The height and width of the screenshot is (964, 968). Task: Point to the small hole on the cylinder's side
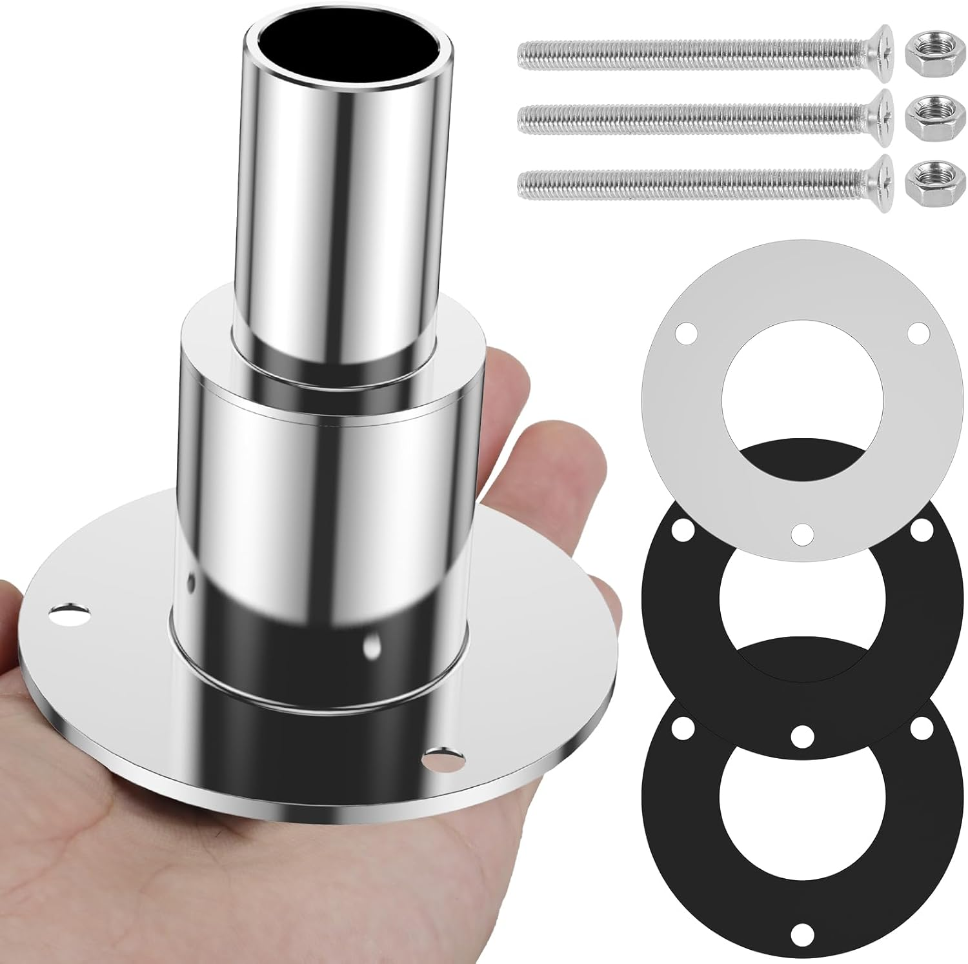coord(372,647)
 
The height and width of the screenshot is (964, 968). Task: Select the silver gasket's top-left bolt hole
coord(685,336)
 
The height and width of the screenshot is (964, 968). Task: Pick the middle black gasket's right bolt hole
coord(920,531)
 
